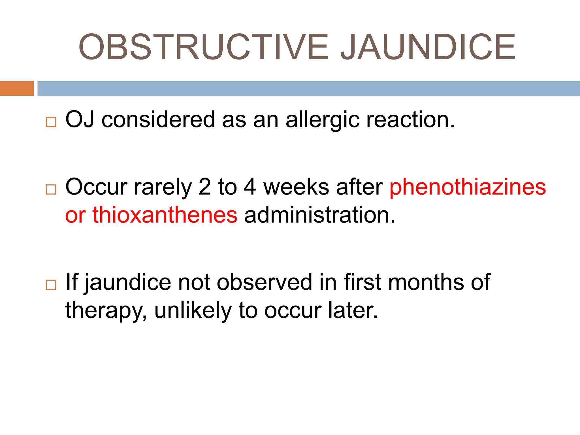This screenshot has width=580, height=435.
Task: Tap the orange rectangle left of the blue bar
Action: (17, 88)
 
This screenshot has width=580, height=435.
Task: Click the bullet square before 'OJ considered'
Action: (51, 122)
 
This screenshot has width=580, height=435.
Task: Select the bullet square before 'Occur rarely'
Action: (51, 189)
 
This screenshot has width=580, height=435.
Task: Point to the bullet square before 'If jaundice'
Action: (51, 285)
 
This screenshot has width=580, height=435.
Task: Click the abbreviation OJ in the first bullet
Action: (80, 120)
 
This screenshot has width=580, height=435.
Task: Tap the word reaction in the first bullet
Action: (410, 120)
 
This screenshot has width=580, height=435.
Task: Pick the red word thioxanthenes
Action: (165, 215)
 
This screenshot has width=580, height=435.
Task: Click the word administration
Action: (319, 215)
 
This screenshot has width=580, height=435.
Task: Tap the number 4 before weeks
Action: (250, 187)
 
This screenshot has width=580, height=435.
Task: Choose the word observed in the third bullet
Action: (264, 282)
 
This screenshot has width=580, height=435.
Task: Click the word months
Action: (426, 282)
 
